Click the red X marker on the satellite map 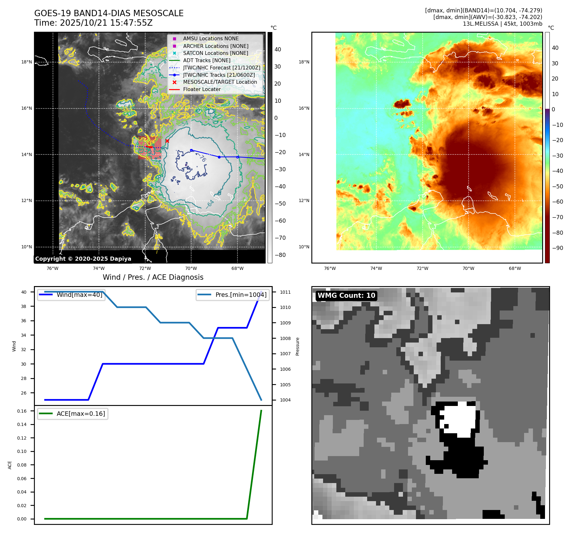(167, 141)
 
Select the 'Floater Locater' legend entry (202, 89)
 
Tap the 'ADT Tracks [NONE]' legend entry (206, 60)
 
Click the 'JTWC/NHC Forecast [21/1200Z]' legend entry (221, 68)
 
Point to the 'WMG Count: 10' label (346, 296)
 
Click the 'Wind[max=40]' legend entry (79, 295)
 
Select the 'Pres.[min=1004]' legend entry (241, 295)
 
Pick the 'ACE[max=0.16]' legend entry (81, 414)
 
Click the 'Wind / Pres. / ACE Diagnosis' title (153, 277)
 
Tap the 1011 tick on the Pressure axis (285, 292)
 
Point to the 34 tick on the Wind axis (24, 335)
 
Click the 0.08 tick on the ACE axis (22, 465)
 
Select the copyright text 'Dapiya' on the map (120, 259)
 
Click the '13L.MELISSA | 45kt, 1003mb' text (502, 24)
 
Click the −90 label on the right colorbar (557, 248)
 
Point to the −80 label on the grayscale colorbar (280, 255)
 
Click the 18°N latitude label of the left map (27, 62)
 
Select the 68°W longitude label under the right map (515, 268)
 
